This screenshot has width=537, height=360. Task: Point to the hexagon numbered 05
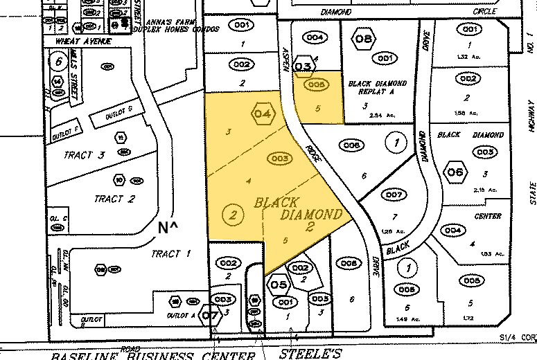[x=279, y=285]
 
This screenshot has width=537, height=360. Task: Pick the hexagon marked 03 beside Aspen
[x=303, y=66]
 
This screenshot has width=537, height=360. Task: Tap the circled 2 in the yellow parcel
[x=234, y=196]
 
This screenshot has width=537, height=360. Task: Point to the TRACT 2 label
[x=114, y=179]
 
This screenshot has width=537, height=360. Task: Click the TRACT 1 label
[x=170, y=254]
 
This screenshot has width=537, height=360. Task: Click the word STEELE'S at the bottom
[x=310, y=354]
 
